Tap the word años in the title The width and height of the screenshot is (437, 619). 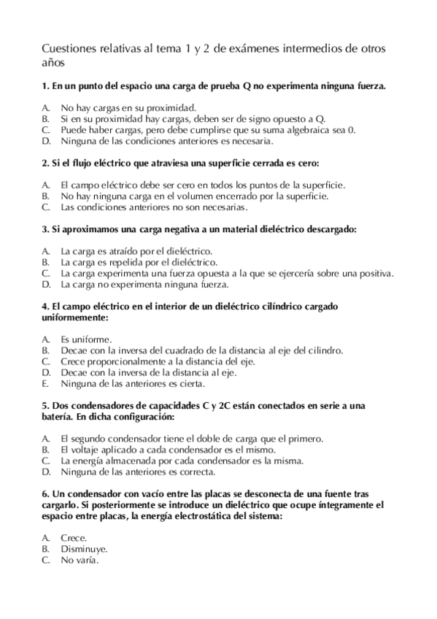click(53, 64)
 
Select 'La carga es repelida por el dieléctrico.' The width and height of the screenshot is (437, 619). click(139, 261)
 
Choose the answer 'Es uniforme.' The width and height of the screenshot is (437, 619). click(86, 339)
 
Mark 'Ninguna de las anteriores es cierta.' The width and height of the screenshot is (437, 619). click(133, 383)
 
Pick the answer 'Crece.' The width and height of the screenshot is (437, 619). click(74, 538)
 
